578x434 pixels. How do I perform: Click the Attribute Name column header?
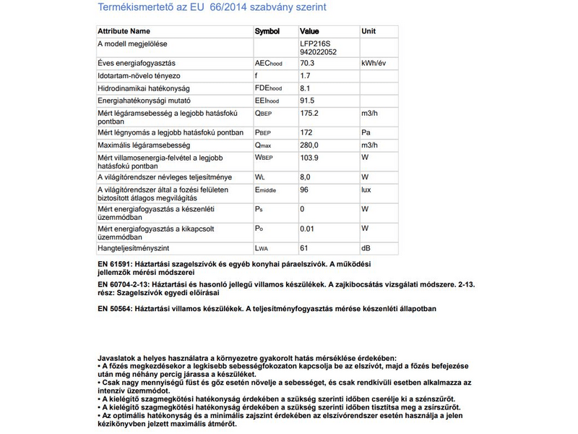point(124,32)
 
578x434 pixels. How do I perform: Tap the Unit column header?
point(368,32)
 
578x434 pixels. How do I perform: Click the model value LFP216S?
point(314,43)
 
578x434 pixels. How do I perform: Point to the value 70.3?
point(307,64)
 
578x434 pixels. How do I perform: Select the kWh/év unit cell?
point(374,64)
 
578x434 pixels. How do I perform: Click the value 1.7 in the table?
point(305,76)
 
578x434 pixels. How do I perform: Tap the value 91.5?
point(307,101)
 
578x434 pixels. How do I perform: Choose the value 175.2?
point(309,113)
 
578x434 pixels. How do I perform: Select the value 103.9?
point(309,157)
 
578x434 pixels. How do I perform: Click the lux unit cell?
point(366,190)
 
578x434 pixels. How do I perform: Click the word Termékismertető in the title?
point(131,7)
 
